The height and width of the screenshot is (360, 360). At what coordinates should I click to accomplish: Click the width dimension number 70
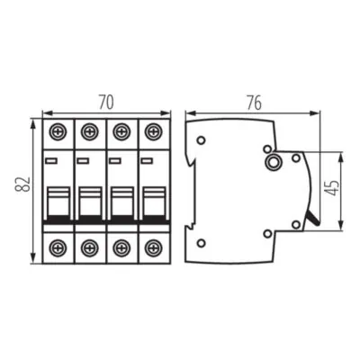pyautogui.click(x=105, y=102)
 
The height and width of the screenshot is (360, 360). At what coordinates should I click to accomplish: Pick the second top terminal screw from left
pyautogui.click(x=89, y=131)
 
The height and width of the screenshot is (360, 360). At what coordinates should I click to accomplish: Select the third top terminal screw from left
pyautogui.click(x=121, y=131)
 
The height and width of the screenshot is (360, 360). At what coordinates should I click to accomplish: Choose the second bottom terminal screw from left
pyautogui.click(x=89, y=245)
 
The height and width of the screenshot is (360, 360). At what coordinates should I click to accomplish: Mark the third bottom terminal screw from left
pyautogui.click(x=121, y=245)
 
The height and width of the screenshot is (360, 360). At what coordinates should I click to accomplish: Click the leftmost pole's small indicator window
pyautogui.click(x=50, y=161)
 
